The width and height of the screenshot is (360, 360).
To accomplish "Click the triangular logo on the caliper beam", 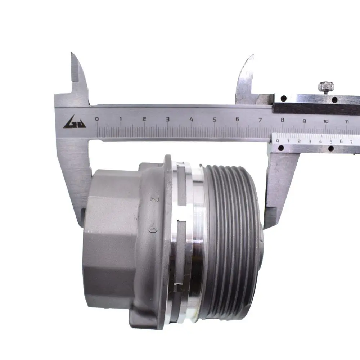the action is point(75,122).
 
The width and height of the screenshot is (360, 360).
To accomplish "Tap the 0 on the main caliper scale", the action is point(97,119).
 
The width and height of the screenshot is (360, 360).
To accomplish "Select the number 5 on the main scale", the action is point(214,120).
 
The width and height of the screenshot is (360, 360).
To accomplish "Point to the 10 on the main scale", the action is point(325,121).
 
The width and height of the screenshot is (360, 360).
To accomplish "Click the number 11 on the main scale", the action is point(347,121).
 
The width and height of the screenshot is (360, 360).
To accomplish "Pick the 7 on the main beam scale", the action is point(260,120).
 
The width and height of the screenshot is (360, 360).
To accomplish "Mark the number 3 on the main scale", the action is point(168,119).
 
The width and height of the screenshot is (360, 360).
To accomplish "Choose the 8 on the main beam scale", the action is point(282,120).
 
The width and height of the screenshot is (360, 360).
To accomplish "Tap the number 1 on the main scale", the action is point(121,119).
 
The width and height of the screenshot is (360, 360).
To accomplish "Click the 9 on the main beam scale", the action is point(304,121).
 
